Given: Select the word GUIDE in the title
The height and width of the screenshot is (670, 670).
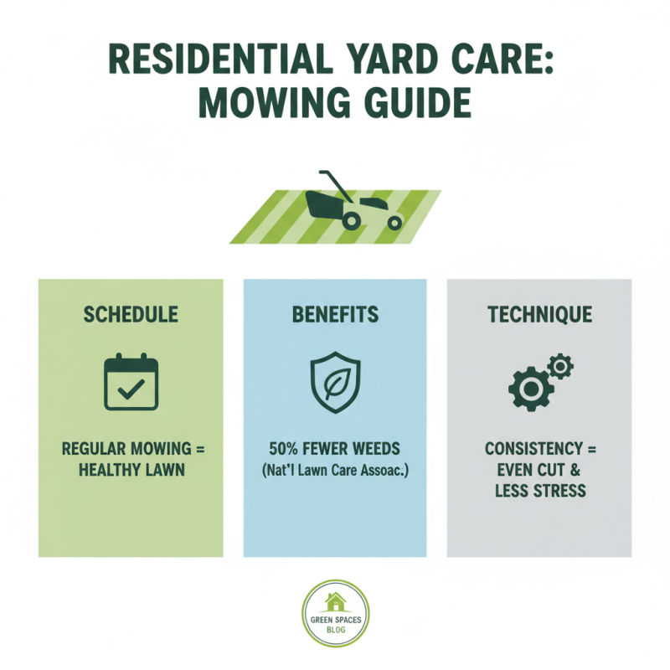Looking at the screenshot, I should coord(410,107).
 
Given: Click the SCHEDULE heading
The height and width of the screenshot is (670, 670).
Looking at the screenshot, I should coord(131,315).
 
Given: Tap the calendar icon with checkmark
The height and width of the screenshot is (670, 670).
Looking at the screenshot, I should coord(131,383).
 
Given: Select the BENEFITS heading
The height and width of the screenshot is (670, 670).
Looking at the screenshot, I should coord(335,315).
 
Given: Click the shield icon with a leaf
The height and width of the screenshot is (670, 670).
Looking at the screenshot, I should coord(335,383).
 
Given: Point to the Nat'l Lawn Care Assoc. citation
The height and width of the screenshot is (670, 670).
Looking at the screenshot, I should coord(335,470).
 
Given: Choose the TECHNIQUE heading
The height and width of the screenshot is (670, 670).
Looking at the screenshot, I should coord(539,315).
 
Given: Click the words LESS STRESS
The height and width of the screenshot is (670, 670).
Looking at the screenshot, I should coord(539,491).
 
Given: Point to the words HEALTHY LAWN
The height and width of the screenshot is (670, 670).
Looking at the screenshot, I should coord(131,470).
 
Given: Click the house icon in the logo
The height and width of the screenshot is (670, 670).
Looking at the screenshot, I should coord(335,601).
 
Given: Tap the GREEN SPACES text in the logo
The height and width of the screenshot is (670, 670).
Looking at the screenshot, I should coord(335,620).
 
